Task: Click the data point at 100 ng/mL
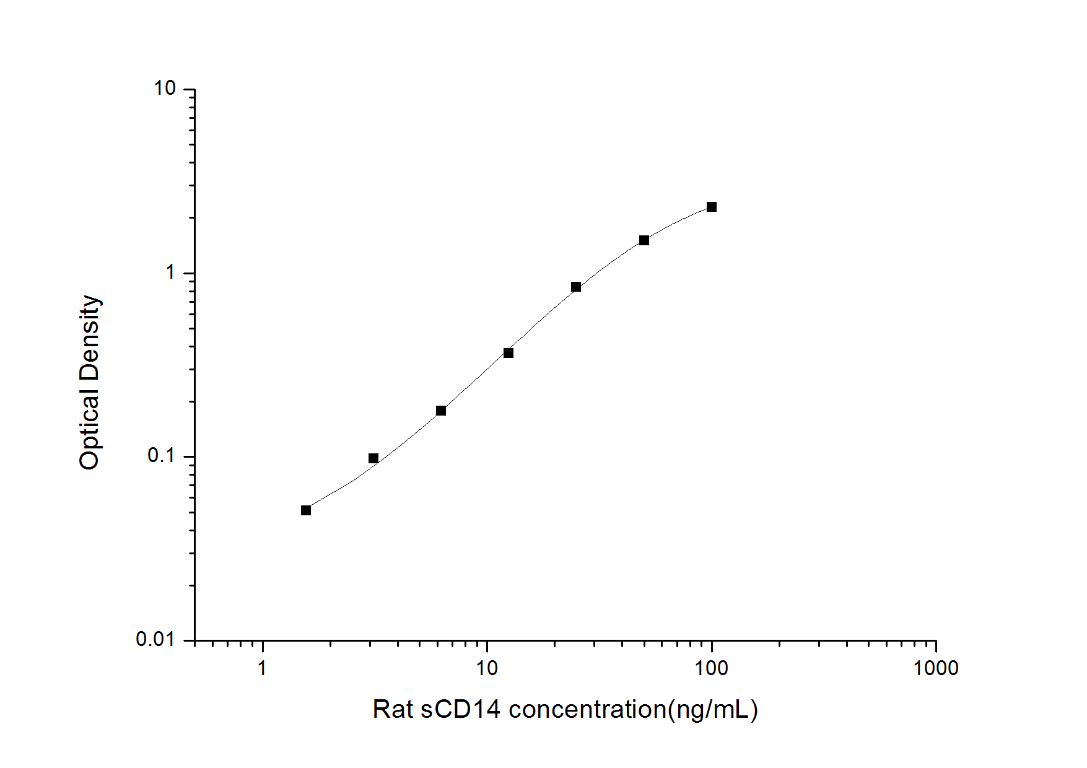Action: [x=712, y=207]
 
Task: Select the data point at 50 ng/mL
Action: [x=644, y=240]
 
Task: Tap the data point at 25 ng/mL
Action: [x=576, y=287]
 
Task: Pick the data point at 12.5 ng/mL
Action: [x=509, y=353]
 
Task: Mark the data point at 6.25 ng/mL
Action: [x=441, y=411]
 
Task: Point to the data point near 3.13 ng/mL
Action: [x=373, y=458]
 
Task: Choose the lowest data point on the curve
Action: [x=306, y=510]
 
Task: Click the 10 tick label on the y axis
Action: [x=165, y=89]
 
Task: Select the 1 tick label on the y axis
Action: [x=171, y=272]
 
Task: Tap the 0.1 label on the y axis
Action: [x=162, y=456]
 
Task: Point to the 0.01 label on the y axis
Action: [x=156, y=639]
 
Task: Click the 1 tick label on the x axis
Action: [x=263, y=668]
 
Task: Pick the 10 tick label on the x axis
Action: [x=487, y=668]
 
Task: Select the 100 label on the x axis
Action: [x=711, y=668]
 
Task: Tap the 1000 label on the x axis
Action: [x=935, y=668]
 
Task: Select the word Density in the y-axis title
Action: [x=90, y=337]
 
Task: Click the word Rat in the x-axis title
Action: [x=393, y=710]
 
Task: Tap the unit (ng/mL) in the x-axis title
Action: [x=713, y=710]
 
